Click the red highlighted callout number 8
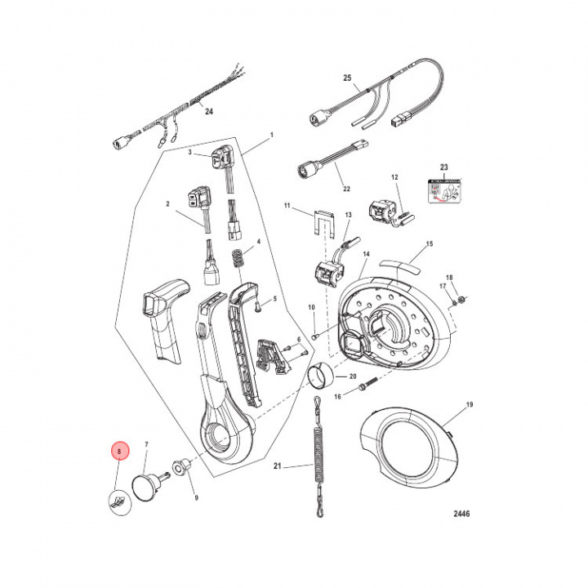119,451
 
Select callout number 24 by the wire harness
208,113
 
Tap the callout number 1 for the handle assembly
271,134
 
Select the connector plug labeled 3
225,158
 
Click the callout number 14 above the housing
366,255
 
